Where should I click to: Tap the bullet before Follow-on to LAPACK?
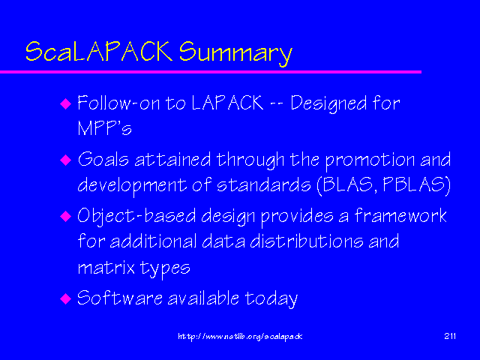(64, 103)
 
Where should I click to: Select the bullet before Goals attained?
(64, 160)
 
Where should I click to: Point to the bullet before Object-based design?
(64, 216)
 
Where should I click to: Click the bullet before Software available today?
(64, 298)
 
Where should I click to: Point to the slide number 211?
(451, 336)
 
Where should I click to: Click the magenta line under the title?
(210, 71)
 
